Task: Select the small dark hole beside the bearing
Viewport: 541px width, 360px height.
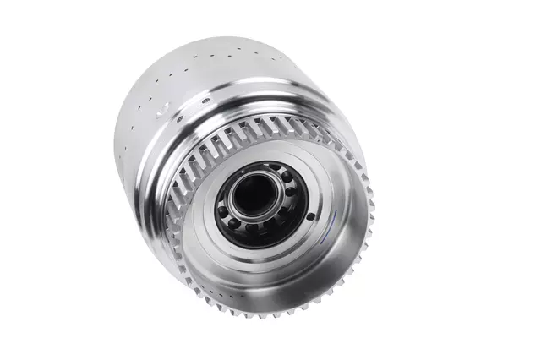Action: click(x=309, y=216)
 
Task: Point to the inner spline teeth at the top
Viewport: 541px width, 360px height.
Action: click(x=254, y=135)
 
